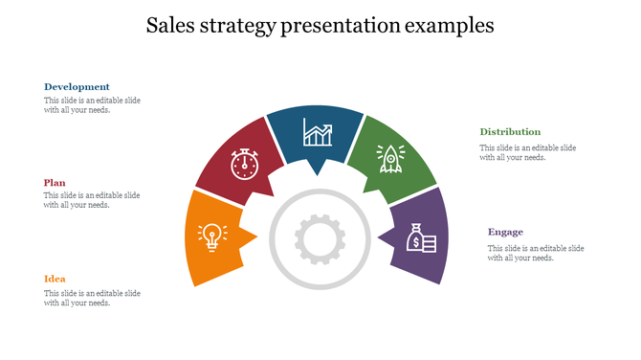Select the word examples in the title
click(x=449, y=26)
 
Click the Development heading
click(x=77, y=86)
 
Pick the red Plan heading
click(x=55, y=182)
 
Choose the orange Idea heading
click(x=55, y=279)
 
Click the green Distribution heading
click(x=510, y=131)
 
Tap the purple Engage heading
click(x=505, y=232)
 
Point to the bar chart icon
click(x=317, y=133)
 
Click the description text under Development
click(x=92, y=104)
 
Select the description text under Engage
click(x=535, y=253)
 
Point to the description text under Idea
click(x=92, y=298)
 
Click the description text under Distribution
click(x=527, y=152)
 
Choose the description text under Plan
click(x=92, y=200)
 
